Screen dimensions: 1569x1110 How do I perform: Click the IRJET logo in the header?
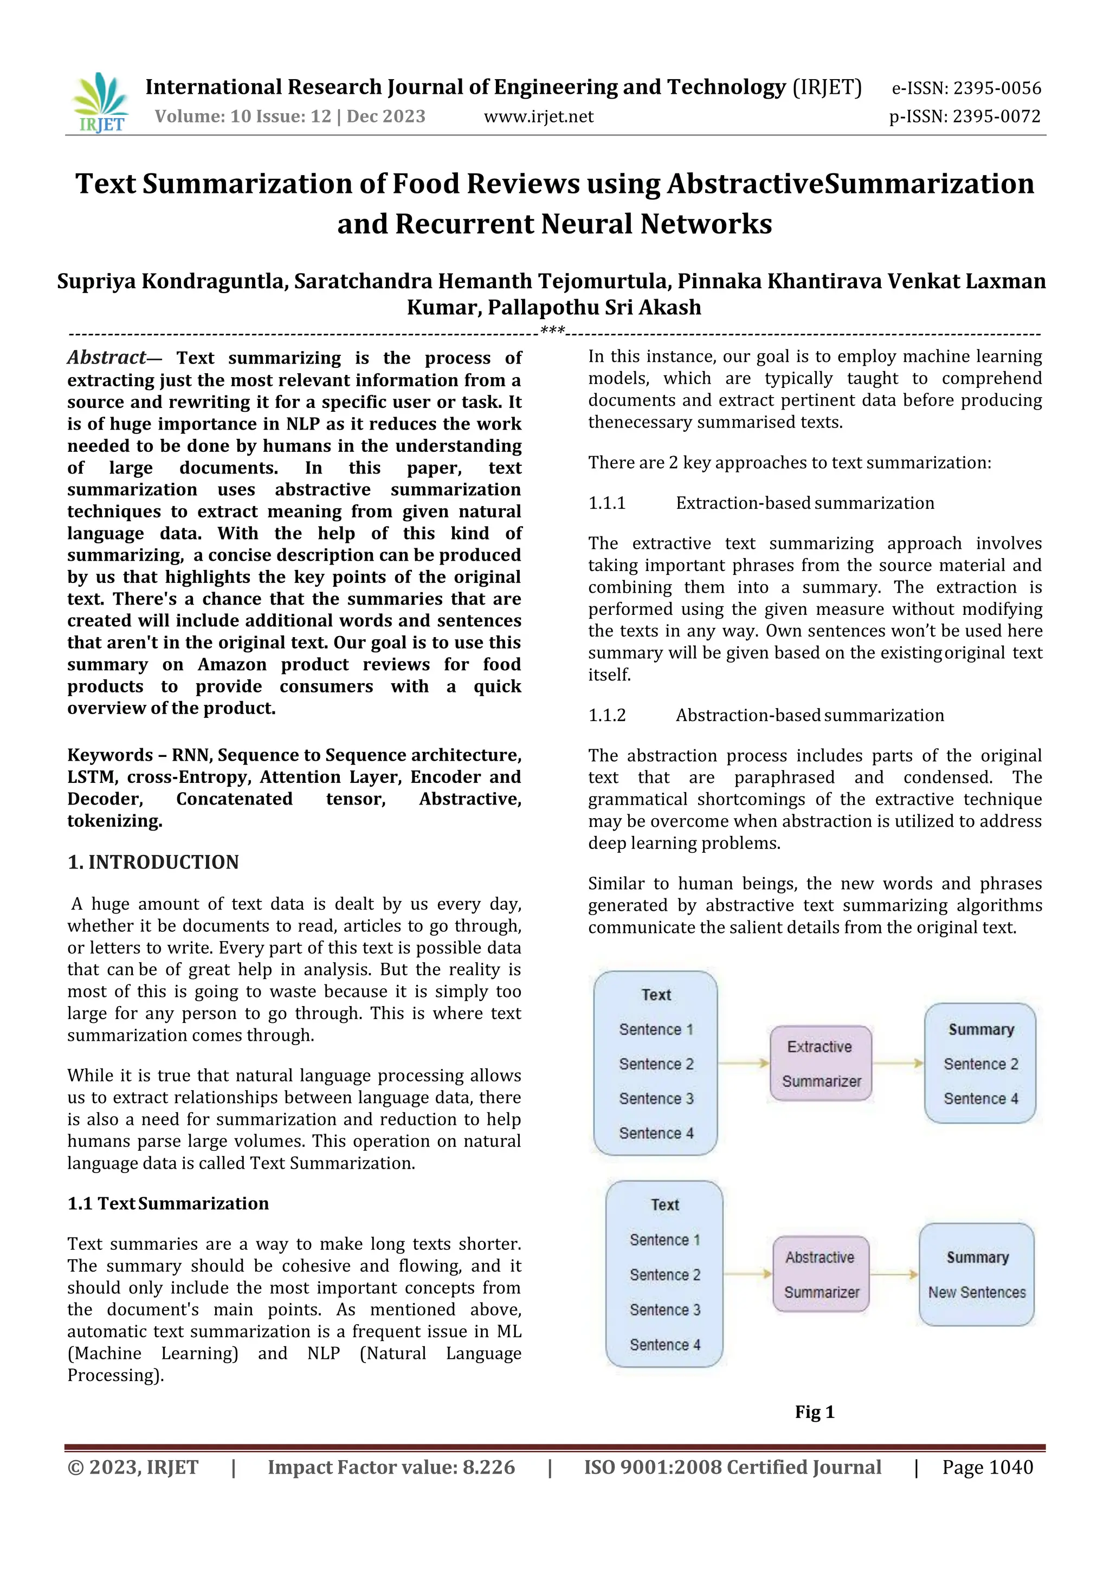[x=100, y=102]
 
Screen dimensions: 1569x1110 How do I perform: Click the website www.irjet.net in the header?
[x=539, y=117]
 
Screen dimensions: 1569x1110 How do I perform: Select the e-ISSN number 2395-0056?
[x=997, y=88]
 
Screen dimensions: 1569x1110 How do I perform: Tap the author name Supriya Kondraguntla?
[x=171, y=282]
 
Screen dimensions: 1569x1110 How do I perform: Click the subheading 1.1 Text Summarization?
[x=168, y=1203]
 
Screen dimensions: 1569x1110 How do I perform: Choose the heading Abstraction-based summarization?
[x=809, y=716]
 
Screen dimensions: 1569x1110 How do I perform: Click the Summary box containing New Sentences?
[x=977, y=1274]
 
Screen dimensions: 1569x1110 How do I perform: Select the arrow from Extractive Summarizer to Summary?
[x=898, y=1064]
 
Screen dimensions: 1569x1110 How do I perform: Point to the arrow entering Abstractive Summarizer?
[x=748, y=1274]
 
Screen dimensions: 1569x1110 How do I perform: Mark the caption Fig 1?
[x=815, y=1412]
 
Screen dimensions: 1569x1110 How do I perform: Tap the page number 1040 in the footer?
[x=1011, y=1468]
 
